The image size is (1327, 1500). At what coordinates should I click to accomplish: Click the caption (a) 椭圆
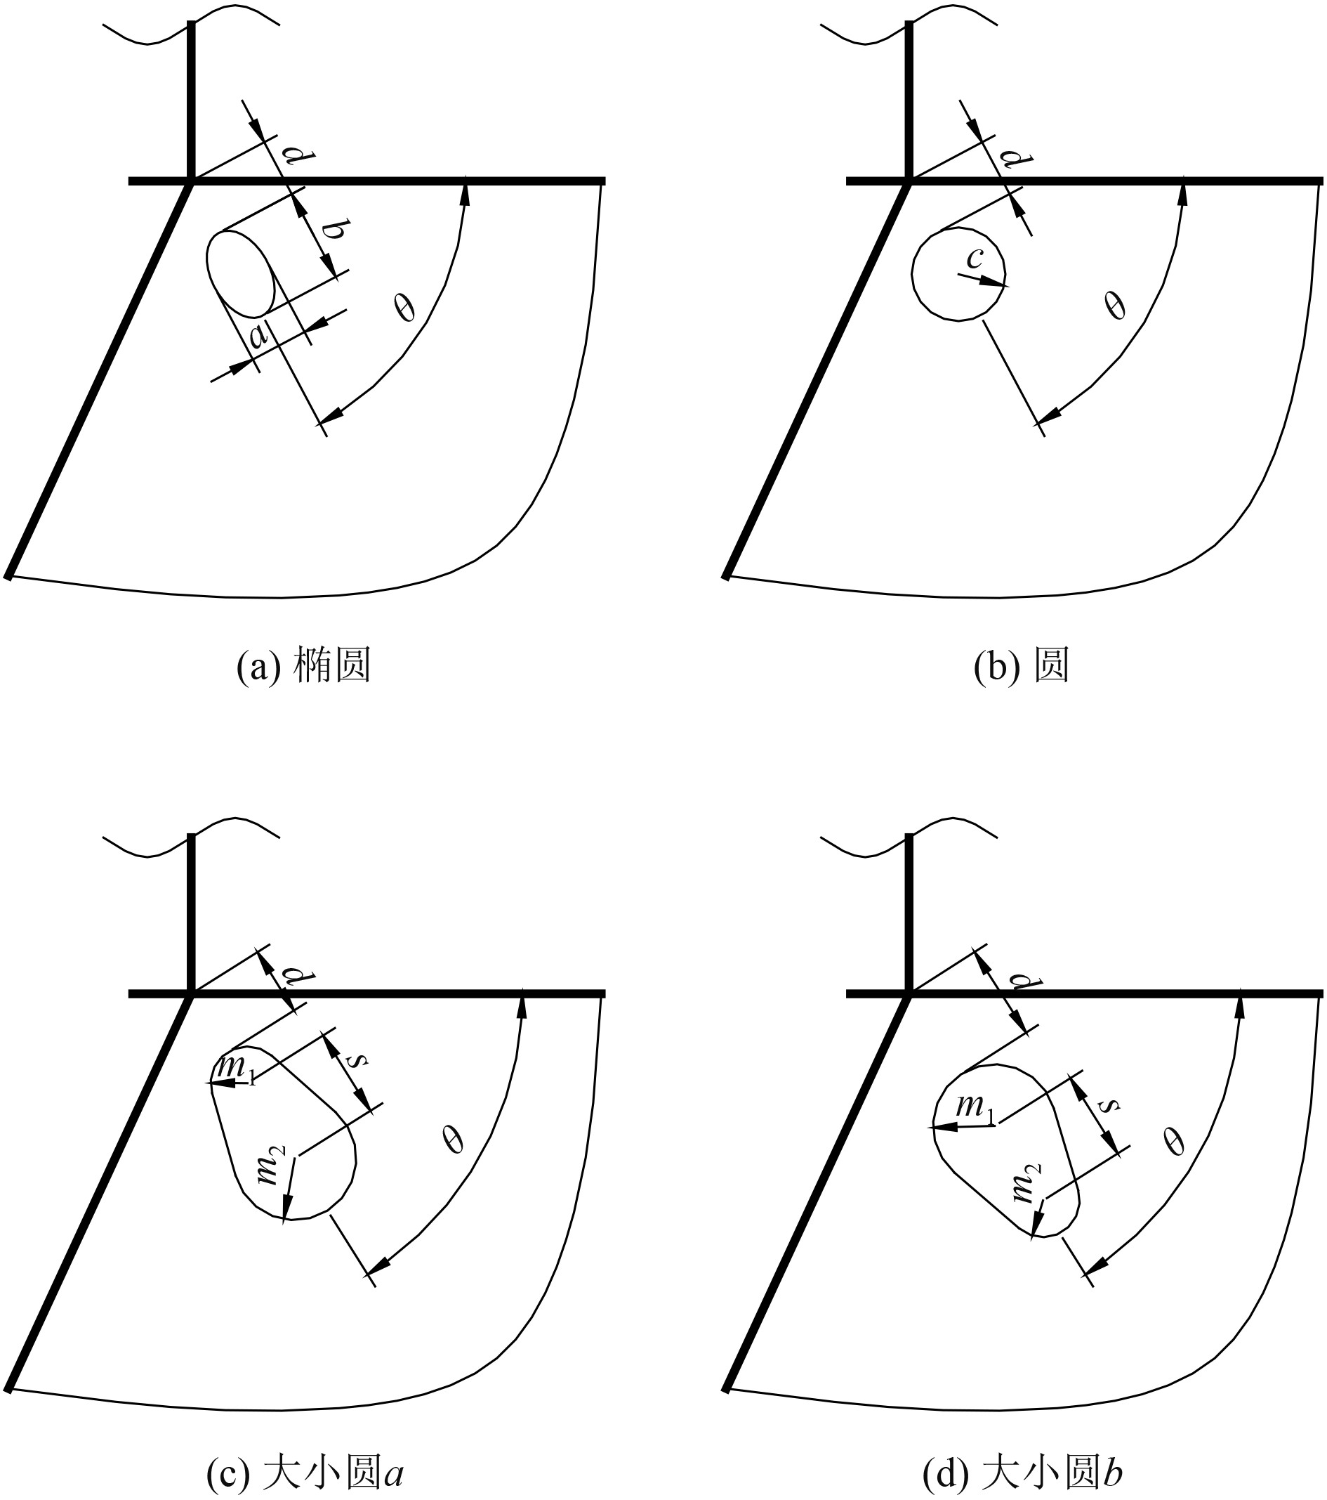pyautogui.click(x=303, y=667)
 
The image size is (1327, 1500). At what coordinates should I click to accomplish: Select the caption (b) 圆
pyautogui.click(x=1020, y=667)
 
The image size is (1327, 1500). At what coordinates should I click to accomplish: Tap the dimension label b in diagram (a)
pyautogui.click(x=332, y=230)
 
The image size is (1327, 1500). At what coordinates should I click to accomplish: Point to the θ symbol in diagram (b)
pyautogui.click(x=1115, y=304)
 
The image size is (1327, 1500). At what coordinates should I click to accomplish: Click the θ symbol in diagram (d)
pyautogui.click(x=1175, y=1141)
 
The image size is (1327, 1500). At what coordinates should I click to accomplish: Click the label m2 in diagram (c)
pyautogui.click(x=268, y=1165)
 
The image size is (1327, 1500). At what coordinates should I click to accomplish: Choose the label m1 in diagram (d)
pyautogui.click(x=977, y=1109)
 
